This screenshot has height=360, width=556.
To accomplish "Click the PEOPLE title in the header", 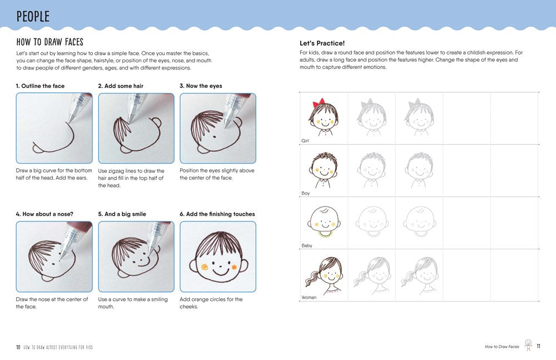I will [33, 16].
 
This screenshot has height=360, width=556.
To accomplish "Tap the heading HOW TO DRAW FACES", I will [50, 42].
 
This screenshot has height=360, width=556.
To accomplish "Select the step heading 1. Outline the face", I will [40, 86].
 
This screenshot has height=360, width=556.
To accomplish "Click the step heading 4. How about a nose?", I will [44, 214].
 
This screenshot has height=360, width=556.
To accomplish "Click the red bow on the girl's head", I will [319, 104].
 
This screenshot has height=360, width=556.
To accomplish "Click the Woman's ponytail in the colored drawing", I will [310, 276].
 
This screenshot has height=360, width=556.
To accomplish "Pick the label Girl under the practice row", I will [305, 141].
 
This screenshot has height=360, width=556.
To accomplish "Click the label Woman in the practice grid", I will [309, 297].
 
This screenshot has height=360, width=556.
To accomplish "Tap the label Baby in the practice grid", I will [306, 245].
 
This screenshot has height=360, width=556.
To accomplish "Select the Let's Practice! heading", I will [322, 43].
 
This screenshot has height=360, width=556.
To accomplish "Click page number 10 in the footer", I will [18, 347].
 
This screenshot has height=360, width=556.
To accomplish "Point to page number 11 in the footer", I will [538, 346].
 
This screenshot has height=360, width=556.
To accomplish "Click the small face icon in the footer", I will [528, 346].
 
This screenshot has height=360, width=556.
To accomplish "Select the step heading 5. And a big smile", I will [127, 214].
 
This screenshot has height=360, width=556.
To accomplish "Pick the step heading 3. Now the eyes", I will [200, 86].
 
